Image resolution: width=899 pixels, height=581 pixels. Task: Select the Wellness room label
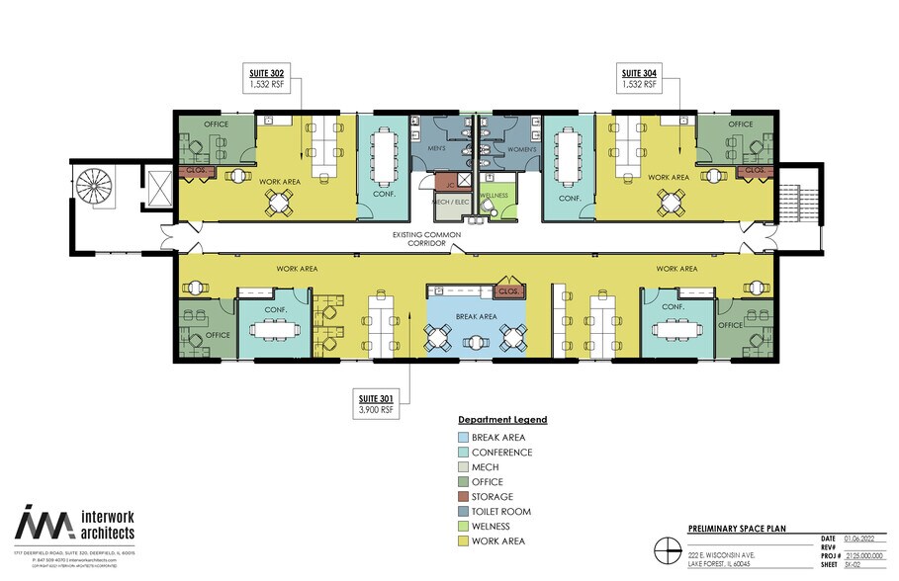pos(494,196)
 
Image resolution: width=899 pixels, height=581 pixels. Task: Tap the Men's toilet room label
pos(438,149)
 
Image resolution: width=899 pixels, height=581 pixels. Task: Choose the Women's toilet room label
pos(521,149)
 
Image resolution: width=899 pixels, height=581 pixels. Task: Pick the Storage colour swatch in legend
pos(464,497)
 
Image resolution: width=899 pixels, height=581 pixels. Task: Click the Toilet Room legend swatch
pos(464,512)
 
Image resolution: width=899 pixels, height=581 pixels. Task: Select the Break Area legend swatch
pos(464,438)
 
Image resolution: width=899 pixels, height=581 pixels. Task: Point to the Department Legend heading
pos(501,420)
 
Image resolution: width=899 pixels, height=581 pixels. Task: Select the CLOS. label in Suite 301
pos(509,292)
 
